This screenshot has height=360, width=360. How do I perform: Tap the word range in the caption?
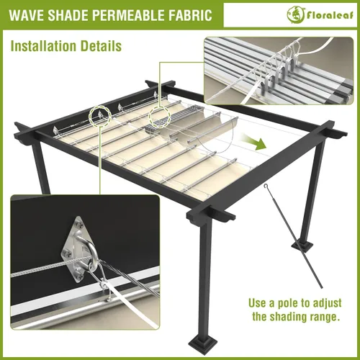coord(333,316)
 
